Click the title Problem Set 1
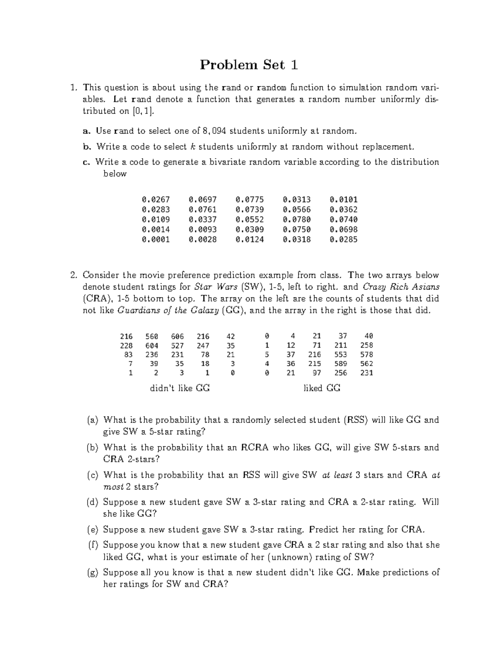(249, 65)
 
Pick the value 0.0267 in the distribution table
(156, 200)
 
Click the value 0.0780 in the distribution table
(297, 219)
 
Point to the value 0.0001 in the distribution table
(156, 239)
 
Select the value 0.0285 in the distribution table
(344, 239)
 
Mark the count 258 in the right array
(366, 346)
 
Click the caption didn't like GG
(180, 388)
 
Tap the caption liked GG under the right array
(322, 388)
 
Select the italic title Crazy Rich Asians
(401, 287)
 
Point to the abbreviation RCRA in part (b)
(255, 448)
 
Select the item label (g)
(93, 573)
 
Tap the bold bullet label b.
(87, 147)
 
